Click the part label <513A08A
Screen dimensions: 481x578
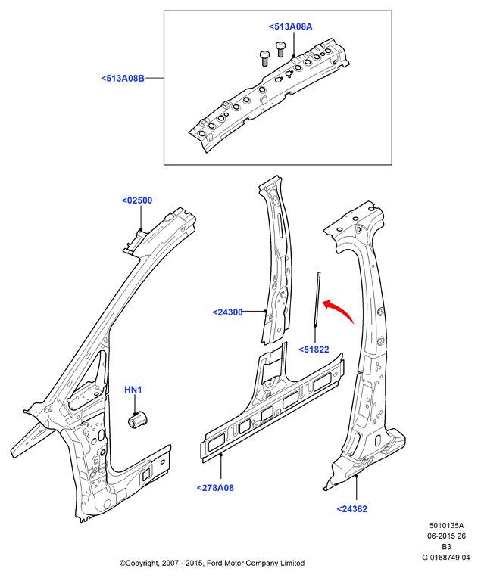click(291, 26)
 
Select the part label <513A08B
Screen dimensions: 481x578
click(123, 79)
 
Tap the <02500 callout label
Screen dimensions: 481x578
click(137, 200)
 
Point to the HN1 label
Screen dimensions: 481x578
click(133, 390)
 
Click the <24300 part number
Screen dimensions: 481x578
click(228, 312)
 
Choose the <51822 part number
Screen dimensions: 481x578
click(314, 350)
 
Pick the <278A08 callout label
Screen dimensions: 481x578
click(215, 488)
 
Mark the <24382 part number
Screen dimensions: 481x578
click(352, 509)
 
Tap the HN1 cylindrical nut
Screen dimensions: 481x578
click(138, 420)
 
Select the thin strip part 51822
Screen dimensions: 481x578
click(317, 300)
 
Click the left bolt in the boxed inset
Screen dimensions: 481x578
click(264, 58)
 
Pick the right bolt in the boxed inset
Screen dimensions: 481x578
click(280, 49)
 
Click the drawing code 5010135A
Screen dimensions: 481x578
click(446, 526)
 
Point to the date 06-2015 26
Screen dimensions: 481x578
click(446, 536)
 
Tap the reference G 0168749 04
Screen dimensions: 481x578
click(446, 558)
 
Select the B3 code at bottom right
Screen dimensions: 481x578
click(446, 547)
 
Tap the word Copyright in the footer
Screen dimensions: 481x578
click(139, 564)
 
